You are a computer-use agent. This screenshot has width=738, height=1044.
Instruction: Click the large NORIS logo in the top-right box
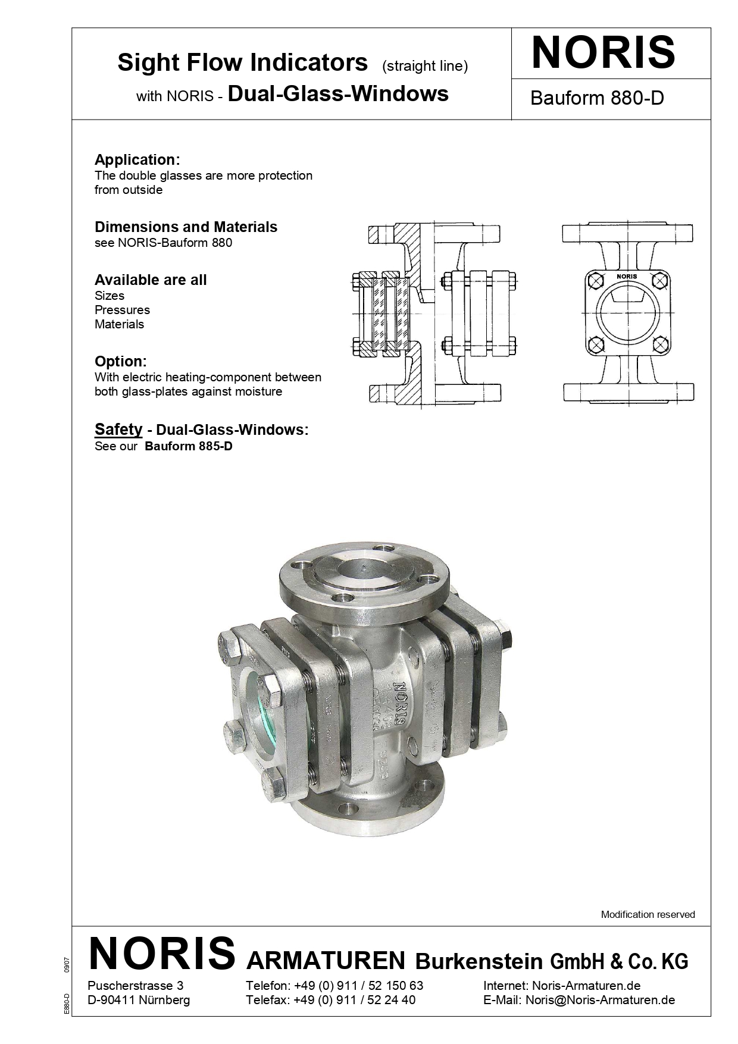coord(603,53)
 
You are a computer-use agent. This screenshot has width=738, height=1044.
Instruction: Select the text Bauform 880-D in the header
coord(596,98)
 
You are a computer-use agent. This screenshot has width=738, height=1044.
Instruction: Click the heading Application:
coord(137,159)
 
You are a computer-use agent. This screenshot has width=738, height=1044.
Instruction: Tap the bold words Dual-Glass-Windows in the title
coord(337,94)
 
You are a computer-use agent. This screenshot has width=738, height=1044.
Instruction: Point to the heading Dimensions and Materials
coord(186,227)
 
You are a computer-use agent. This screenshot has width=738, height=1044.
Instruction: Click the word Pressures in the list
coord(122,310)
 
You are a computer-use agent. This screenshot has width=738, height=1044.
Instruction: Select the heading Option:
coord(120,361)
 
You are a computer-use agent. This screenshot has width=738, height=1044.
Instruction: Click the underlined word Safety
coord(118,429)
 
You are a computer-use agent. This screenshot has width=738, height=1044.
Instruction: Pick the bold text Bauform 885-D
coord(188,446)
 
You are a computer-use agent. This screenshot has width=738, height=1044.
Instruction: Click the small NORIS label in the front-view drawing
coord(627,276)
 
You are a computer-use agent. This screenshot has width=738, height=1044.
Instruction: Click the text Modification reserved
coord(648,914)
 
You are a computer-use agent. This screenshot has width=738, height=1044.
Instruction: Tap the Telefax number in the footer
coord(354,1000)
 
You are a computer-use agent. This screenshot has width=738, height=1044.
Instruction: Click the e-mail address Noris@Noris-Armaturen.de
coord(600,1000)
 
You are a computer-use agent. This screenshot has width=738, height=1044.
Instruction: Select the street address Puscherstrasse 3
coord(135,986)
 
